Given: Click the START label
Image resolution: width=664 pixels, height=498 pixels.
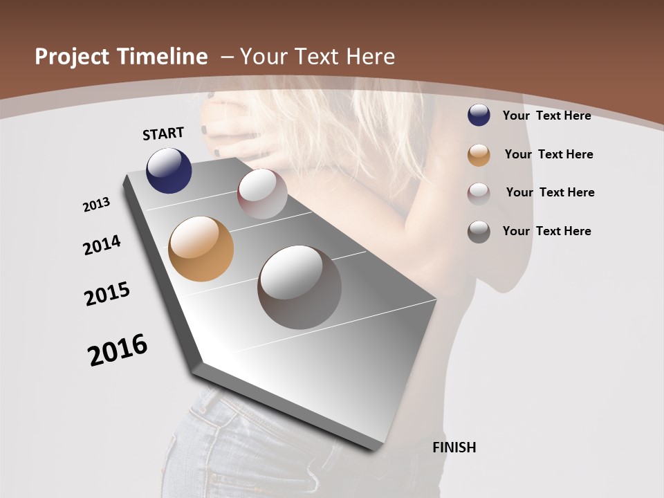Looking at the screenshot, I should (163, 133).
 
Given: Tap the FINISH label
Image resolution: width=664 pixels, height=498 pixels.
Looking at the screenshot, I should (454, 448).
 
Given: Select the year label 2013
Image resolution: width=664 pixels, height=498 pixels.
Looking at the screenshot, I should (97, 205).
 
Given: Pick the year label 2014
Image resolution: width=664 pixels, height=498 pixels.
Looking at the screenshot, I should (102, 245).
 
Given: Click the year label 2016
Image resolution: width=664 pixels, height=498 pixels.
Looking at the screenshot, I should (118, 350).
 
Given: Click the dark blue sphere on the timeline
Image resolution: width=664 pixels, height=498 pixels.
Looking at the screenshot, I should (169, 170).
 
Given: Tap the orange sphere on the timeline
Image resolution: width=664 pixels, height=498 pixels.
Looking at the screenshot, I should (201, 249).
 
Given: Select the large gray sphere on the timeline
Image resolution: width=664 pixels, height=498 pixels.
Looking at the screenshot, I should (299, 287).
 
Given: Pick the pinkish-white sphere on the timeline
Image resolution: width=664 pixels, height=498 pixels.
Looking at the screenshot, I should (262, 194).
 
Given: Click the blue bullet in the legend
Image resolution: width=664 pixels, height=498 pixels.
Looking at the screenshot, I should (479, 116).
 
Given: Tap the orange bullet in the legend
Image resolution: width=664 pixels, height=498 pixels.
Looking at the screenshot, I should (479, 154).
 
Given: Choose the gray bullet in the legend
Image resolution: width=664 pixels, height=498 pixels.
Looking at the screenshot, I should (479, 231).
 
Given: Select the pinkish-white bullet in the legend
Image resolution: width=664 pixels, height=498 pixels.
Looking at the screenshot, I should (479, 193).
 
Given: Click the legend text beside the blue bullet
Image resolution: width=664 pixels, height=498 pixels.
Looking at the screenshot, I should (546, 116).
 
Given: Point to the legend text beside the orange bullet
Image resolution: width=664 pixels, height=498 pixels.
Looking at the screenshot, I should (548, 154).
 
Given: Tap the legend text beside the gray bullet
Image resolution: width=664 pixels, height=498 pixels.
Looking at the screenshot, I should (546, 231).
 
